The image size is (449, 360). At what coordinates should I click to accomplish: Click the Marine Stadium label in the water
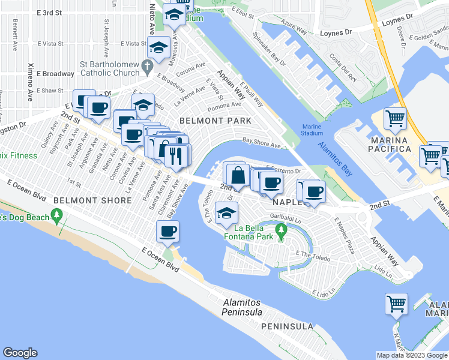coord(312,130)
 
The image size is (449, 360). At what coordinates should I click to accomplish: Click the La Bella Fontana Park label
coord(254,232)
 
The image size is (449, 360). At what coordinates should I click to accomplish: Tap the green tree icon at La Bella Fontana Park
coord(280,230)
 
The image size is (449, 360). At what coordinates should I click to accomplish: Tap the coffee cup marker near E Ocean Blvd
coord(167,231)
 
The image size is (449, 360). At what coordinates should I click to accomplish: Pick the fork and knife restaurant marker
coord(175,156)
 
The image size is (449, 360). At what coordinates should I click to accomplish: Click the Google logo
coord(20,353)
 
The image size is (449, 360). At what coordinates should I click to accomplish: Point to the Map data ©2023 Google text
coord(411,355)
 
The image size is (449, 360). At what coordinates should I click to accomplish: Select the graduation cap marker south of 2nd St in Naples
coord(226,214)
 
